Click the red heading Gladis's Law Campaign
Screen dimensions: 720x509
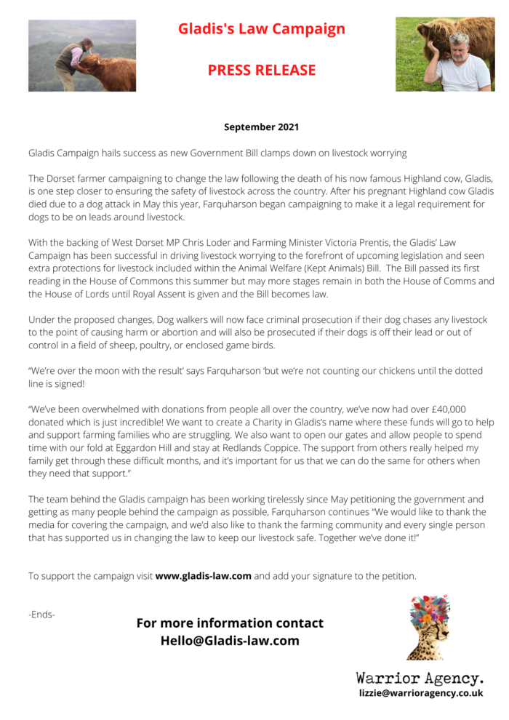[x=262, y=29]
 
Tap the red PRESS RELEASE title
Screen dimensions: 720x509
[x=262, y=70]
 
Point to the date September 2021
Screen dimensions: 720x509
[x=261, y=127]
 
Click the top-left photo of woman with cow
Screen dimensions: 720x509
[x=82, y=55]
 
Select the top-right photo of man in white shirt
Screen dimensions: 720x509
[x=444, y=55]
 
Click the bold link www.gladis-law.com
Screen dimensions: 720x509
[x=204, y=576]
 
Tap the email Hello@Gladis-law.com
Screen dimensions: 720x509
[x=230, y=641]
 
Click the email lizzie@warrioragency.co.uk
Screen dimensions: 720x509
[x=421, y=693]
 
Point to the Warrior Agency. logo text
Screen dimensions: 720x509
[x=420, y=678]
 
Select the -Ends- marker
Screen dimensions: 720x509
[x=41, y=615]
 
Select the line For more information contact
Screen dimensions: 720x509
[x=230, y=623]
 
